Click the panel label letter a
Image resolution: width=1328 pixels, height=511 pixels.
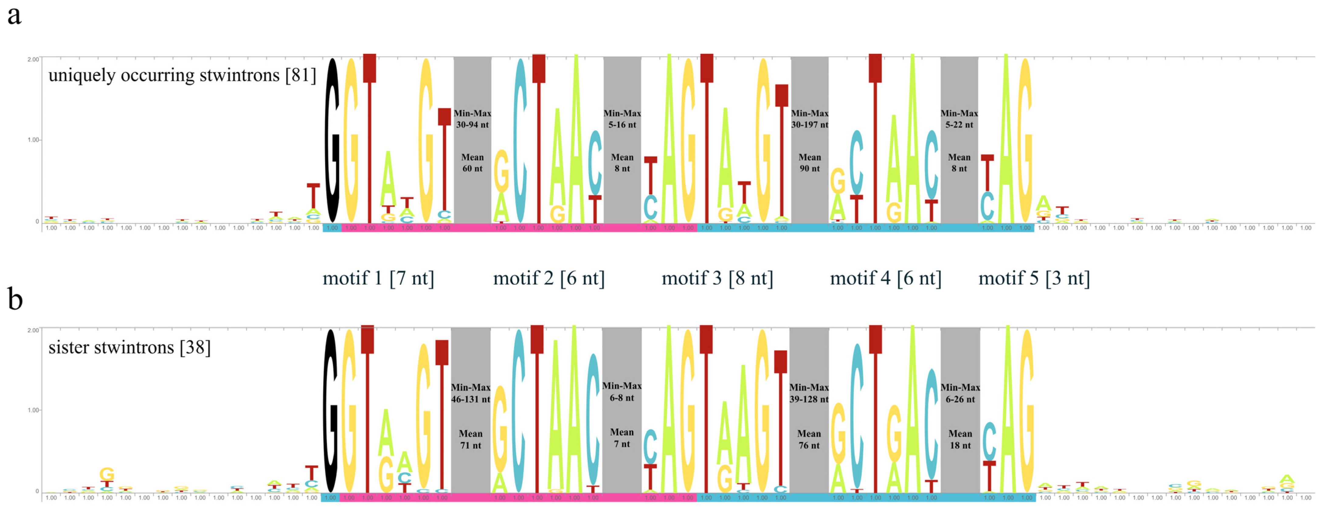(14, 16)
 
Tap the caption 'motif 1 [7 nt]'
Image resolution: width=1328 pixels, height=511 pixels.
(378, 278)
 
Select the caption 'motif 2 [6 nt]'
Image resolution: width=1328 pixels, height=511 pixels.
(548, 278)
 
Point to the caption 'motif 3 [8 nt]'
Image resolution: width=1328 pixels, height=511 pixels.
(717, 278)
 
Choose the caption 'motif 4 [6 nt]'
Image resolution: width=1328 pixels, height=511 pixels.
(885, 278)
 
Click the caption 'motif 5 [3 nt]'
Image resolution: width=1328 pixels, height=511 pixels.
(1034, 278)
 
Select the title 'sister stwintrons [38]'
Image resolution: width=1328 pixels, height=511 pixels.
(130, 348)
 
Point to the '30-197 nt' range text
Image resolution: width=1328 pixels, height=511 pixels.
(809, 125)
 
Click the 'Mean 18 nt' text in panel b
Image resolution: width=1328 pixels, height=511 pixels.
(960, 439)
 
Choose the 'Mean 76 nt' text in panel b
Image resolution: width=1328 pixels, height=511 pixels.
(808, 439)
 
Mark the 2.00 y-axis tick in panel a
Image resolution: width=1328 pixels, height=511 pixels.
(33, 59)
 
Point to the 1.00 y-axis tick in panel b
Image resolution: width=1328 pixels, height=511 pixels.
(33, 410)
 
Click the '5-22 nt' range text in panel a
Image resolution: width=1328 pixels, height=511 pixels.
(959, 125)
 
